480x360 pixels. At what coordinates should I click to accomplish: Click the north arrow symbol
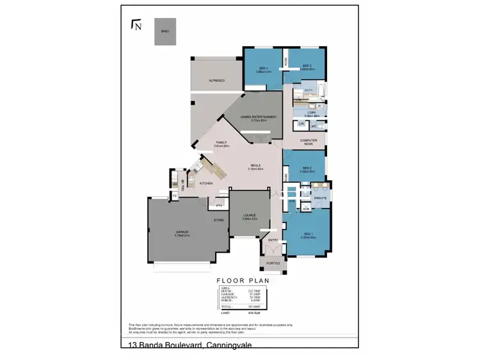[136, 25]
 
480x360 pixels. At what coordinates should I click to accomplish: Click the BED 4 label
[263, 68]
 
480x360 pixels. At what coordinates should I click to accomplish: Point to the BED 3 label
[307, 66]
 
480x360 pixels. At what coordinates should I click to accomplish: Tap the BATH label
[308, 90]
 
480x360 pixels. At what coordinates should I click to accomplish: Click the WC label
[314, 127]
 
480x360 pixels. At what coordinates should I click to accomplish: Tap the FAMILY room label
[221, 143]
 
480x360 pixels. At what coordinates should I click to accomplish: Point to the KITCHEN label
[206, 184]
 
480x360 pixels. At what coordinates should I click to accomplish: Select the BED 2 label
[307, 168]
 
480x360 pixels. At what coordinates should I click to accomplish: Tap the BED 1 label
[307, 235]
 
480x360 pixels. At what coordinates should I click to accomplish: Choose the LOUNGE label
[250, 216]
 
